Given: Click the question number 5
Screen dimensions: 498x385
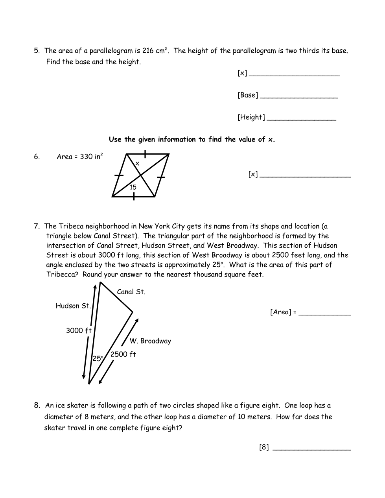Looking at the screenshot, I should click(x=37, y=51).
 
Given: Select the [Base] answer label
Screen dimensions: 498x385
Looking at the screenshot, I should click(x=248, y=95).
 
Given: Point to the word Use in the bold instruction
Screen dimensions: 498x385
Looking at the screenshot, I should click(x=115, y=140).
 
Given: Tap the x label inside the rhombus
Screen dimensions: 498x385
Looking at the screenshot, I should click(x=137, y=163).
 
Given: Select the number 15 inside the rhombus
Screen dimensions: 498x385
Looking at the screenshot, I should click(x=133, y=187).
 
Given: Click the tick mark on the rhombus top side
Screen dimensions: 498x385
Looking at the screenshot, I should click(x=146, y=153).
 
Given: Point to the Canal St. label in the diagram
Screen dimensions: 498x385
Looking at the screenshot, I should click(x=131, y=292).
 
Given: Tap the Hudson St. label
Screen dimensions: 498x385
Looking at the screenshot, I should click(x=73, y=306).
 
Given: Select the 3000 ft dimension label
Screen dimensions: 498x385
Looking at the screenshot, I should click(x=79, y=331).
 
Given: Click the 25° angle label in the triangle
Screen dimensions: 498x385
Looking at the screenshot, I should click(x=98, y=358).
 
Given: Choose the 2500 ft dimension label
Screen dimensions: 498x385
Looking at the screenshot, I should click(x=123, y=354).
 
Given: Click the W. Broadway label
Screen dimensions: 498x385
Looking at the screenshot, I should click(x=150, y=341).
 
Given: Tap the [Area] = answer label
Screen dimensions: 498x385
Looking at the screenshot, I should click(x=283, y=312).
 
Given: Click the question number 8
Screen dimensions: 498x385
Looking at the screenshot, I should click(x=37, y=406).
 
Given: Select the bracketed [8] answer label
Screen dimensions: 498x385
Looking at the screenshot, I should click(x=264, y=447).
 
